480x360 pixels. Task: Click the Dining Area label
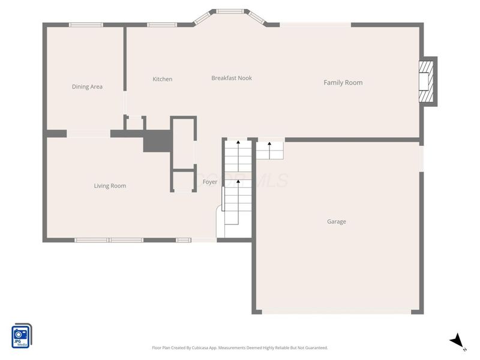87,86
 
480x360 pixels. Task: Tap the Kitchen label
162,79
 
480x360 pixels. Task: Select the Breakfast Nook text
232,78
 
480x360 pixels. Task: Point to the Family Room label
343,83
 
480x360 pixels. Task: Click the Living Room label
110,186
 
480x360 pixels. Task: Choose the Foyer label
210,182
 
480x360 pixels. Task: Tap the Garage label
336,221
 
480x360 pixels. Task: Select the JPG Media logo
22,335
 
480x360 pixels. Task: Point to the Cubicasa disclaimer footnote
240,347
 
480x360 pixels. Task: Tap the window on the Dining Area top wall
86,25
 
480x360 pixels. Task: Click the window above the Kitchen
158,25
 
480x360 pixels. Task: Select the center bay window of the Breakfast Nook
230,11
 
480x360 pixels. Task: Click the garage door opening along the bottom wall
337,312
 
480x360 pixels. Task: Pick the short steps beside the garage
269,150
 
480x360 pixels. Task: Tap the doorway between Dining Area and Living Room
88,134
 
